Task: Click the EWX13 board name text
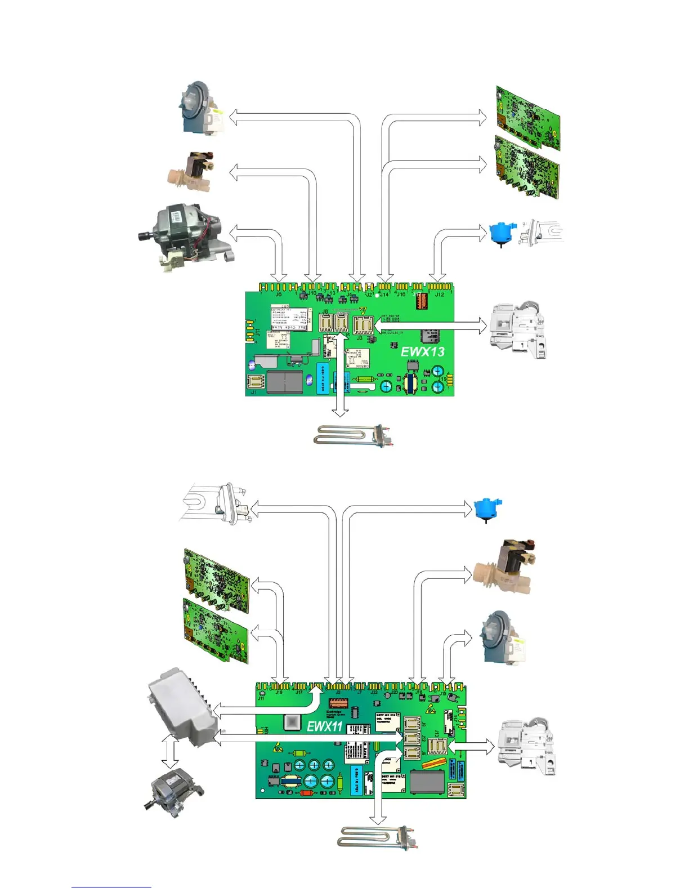[422, 351]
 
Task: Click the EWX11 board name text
[325, 726]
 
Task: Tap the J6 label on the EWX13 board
[279, 294]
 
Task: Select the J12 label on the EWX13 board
[439, 294]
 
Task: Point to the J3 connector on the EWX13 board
[363, 325]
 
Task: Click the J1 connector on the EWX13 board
[256, 381]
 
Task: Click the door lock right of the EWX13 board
[518, 329]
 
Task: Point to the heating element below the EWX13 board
[353, 435]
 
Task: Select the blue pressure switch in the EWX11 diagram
[486, 509]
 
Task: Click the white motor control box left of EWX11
[180, 707]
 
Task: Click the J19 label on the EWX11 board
[279, 692]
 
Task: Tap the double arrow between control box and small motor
[169, 752]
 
